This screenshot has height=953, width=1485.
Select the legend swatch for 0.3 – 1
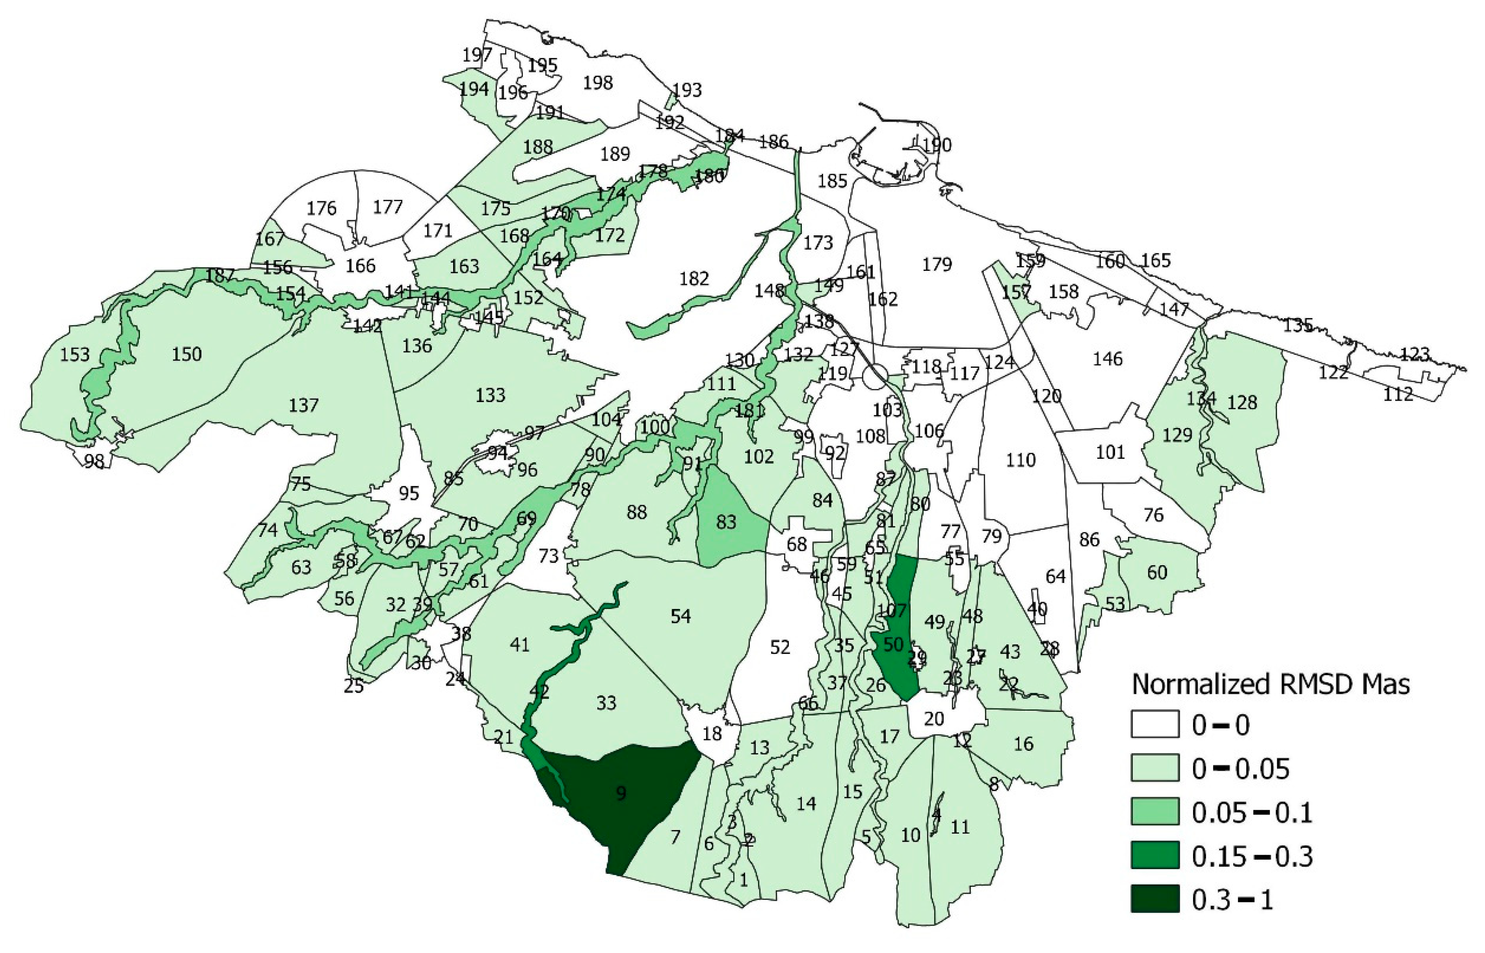click(1155, 899)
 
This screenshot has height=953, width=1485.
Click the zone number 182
click(694, 278)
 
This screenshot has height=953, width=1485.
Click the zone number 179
click(936, 264)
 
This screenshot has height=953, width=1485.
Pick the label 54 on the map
click(681, 616)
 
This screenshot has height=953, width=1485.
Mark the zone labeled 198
click(597, 82)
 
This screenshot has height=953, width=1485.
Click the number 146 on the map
click(1107, 358)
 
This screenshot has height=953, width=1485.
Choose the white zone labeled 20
click(934, 718)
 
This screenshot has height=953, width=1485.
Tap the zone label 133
click(490, 394)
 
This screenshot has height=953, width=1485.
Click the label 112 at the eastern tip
click(1398, 393)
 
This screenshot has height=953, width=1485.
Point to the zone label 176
click(321, 208)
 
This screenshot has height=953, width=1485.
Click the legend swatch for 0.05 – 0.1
click(1155, 811)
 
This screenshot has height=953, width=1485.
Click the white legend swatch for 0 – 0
click(1155, 724)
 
